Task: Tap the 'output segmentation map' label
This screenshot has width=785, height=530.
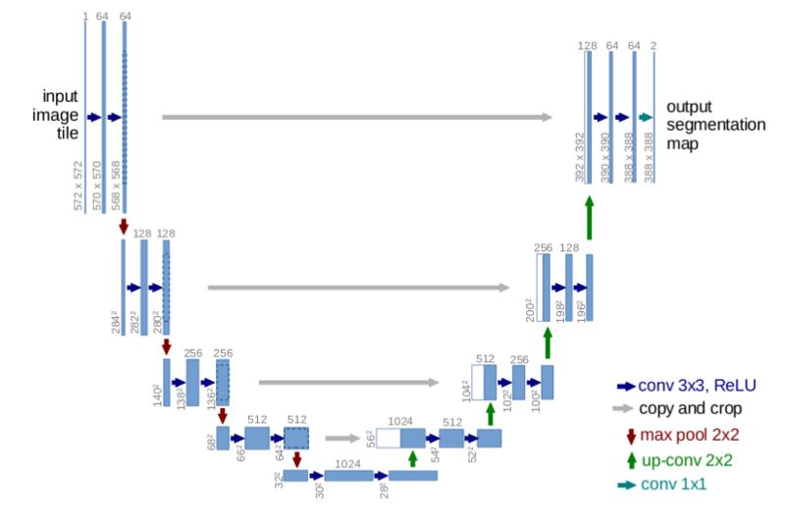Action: pos(702,124)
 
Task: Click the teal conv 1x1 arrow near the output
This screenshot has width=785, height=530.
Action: pos(645,117)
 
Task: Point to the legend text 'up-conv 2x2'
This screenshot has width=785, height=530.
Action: pos(678,458)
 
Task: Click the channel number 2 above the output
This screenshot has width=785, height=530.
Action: pos(654,45)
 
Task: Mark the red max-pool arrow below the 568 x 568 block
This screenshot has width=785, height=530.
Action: pos(124,227)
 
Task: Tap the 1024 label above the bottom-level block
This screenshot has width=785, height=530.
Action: pos(349,463)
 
